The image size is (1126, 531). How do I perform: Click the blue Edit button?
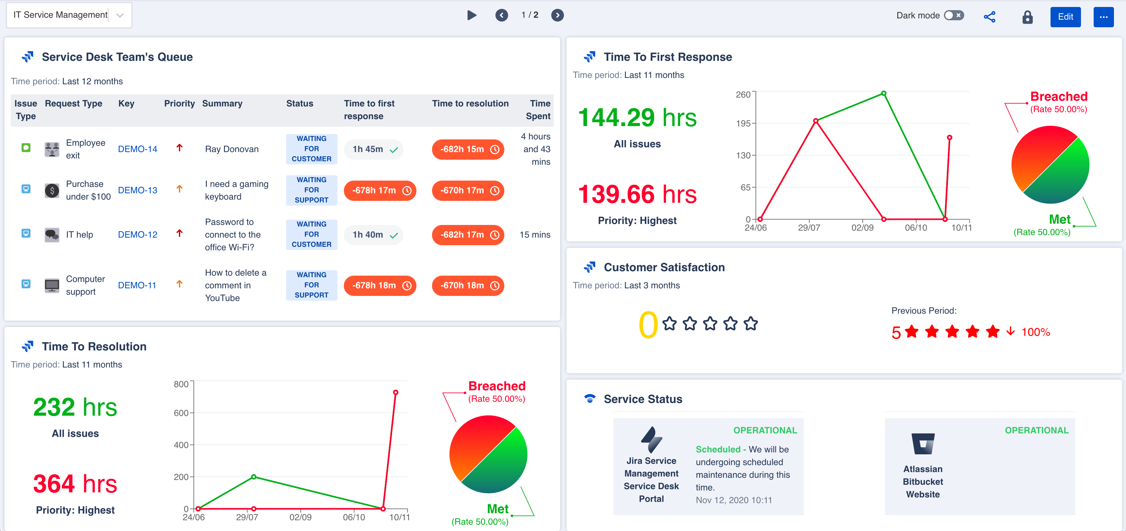pos(1065,16)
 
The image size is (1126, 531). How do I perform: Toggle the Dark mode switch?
pos(953,15)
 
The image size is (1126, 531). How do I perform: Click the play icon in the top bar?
pos(471,15)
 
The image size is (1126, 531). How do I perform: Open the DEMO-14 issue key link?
pos(137,149)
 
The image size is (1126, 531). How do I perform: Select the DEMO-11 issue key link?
pos(137,285)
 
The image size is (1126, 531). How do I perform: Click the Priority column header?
pos(179,104)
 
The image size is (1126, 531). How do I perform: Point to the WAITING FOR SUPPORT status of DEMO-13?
pos(311,190)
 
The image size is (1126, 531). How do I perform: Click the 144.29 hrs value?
pos(637,118)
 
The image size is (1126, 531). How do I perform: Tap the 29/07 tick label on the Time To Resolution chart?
pos(247,517)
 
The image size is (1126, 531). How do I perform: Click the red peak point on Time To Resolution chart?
pos(395,392)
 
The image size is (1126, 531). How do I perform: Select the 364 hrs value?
pos(75,484)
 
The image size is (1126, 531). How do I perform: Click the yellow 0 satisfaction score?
pos(648,325)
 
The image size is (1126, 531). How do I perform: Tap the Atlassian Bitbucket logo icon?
pos(923,444)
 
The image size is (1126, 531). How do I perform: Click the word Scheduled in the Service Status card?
pos(718,449)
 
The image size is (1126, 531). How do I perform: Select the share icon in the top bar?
pos(989,16)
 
